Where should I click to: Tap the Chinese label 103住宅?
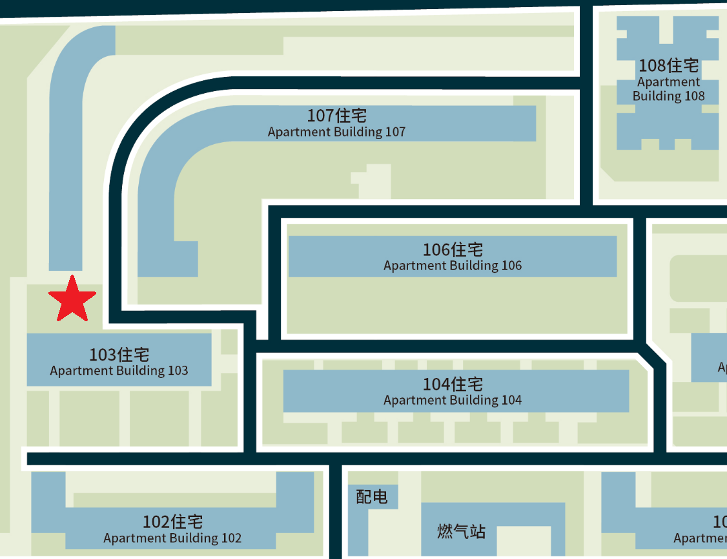point(119,355)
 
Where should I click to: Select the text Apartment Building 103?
point(119,371)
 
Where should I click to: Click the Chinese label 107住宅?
point(336,116)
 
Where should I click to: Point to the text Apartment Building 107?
point(336,132)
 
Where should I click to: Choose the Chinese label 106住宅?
point(453,249)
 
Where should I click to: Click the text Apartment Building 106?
point(453,266)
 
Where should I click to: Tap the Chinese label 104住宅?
point(453,385)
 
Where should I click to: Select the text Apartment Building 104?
point(453,401)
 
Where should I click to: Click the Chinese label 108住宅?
point(668,66)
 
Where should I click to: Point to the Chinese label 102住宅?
point(172,522)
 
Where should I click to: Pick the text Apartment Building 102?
point(172,538)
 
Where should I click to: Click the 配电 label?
point(372,497)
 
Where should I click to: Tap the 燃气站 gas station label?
point(461,532)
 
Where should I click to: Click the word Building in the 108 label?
point(657,96)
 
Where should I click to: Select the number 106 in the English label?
point(511,266)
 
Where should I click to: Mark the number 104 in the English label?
point(511,401)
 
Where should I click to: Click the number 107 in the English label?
point(394,132)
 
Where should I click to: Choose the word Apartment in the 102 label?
point(132,538)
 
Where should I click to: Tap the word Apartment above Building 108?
point(668,82)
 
